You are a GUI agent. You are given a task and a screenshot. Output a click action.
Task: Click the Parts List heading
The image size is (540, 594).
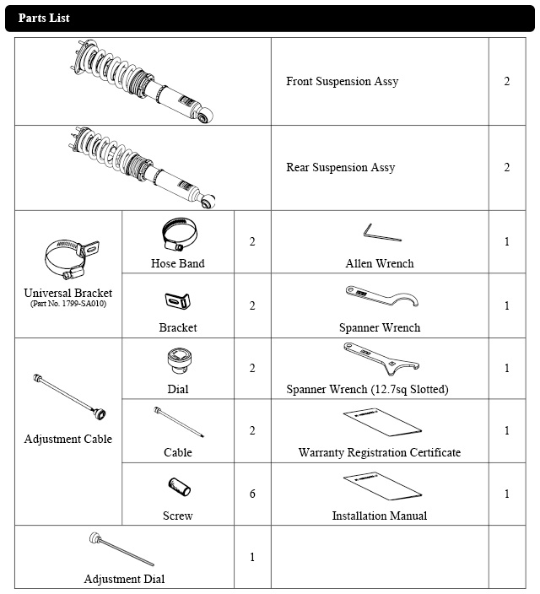[x=44, y=18]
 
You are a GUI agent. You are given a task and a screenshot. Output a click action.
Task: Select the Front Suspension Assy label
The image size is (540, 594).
[x=342, y=82]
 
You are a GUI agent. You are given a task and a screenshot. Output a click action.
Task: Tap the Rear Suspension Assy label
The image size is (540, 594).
[x=340, y=168]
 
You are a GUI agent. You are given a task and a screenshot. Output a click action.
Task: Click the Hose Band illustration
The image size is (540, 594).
[x=178, y=235]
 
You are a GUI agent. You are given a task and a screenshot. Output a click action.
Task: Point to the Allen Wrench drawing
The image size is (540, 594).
[x=378, y=230]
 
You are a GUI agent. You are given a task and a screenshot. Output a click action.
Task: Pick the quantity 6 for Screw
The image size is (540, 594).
[x=252, y=494]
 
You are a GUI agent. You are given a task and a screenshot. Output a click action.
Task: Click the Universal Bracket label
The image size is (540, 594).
[x=68, y=293]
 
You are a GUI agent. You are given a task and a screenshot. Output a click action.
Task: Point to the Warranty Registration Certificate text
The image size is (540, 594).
[x=379, y=453]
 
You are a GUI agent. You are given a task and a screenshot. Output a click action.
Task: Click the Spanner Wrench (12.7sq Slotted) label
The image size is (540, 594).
[x=379, y=390]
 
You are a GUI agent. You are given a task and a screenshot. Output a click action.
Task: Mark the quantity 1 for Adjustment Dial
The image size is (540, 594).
[x=252, y=558]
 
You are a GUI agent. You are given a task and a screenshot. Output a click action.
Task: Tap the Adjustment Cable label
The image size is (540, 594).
[x=68, y=439]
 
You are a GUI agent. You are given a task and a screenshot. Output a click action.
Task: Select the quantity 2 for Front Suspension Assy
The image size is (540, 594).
[x=507, y=82]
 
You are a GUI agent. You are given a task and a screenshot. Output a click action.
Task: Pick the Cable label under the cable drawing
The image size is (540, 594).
[x=178, y=453]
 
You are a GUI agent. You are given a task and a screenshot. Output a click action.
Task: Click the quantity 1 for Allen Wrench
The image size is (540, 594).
[x=507, y=242]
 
